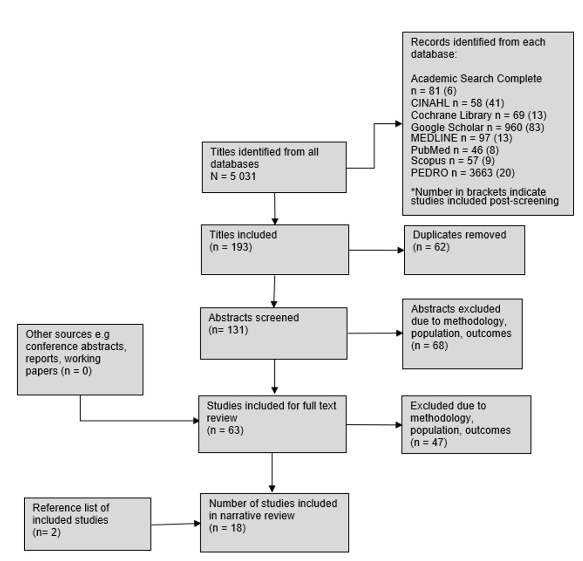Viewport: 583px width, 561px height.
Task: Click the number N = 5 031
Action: tap(233, 176)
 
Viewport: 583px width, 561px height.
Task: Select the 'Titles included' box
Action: tap(275, 249)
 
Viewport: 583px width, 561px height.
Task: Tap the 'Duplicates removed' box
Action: tap(464, 250)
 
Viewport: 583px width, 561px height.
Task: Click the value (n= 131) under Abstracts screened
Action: tap(228, 330)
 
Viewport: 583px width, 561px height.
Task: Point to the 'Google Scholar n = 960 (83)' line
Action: tap(477, 127)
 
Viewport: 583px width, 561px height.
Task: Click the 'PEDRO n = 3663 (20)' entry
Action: tap(462, 172)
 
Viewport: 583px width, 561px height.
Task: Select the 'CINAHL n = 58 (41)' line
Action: tap(457, 103)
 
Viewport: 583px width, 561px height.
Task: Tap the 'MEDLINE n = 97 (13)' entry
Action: tap(461, 138)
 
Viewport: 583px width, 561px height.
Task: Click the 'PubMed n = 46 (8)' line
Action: tap(454, 150)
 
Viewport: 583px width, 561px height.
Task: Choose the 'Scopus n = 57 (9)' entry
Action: tap(452, 161)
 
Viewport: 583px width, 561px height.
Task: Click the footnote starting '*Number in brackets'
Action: tap(484, 196)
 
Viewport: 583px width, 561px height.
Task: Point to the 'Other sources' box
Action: tap(80, 359)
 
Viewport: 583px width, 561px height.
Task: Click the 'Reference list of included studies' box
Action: tap(87, 524)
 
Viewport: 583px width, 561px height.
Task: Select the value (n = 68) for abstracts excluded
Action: tap(429, 345)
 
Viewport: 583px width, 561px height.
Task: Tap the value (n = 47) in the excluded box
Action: tap(428, 442)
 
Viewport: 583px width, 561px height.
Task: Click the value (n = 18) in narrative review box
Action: tap(227, 528)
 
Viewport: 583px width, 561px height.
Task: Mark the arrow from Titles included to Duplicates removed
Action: tap(376, 250)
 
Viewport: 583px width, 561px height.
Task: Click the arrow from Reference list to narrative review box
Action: tap(175, 524)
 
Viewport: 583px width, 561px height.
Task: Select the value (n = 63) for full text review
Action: tap(225, 430)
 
